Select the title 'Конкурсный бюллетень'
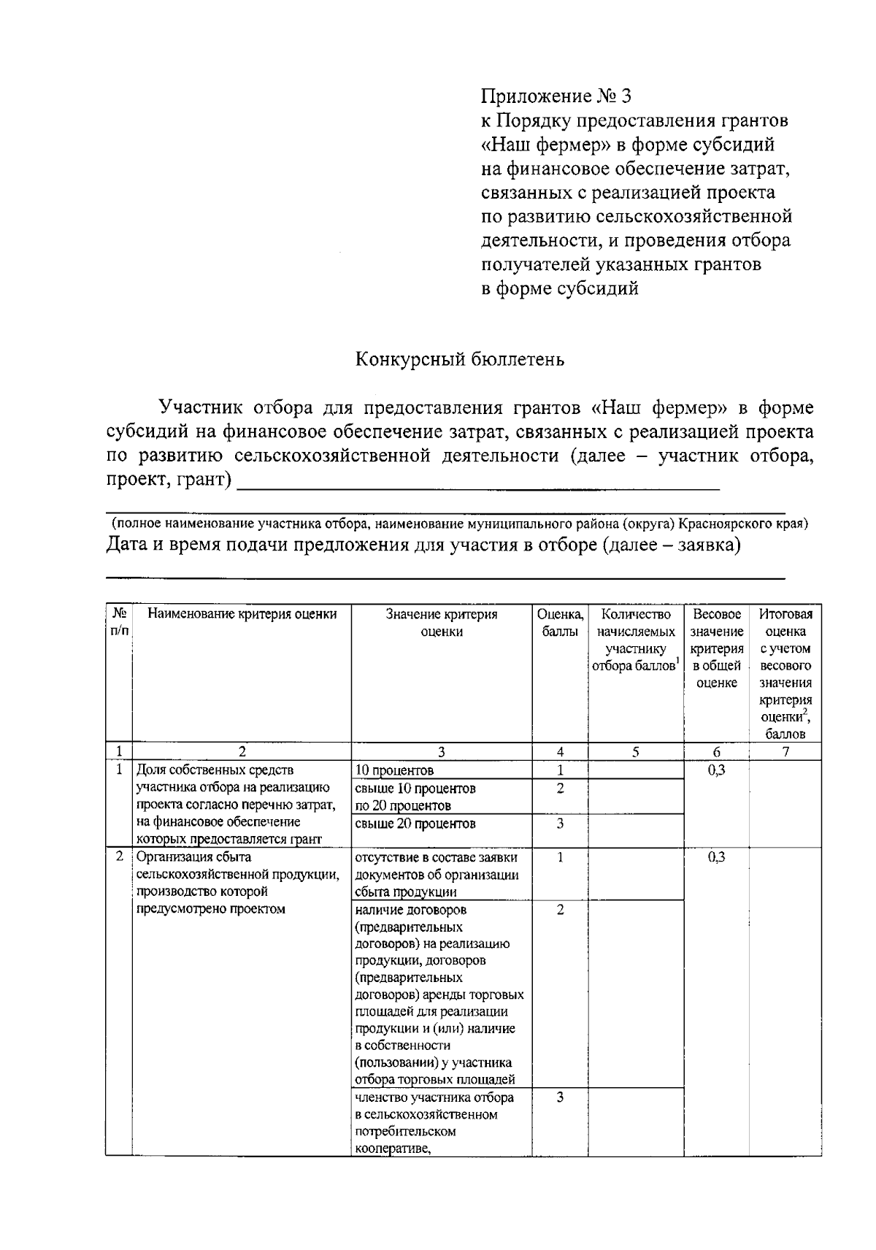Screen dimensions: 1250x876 [x=460, y=359]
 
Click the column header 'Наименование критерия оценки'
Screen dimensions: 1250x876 [x=242, y=614]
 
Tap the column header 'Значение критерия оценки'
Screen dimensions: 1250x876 [x=442, y=623]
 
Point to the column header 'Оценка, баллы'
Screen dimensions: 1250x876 [x=560, y=623]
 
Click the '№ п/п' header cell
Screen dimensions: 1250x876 [x=118, y=623]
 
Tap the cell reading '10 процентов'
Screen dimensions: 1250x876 [x=394, y=770]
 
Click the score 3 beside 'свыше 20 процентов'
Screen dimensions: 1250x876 [x=560, y=824]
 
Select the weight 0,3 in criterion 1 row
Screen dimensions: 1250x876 [x=716, y=770]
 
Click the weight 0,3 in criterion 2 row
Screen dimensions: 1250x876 [x=716, y=858]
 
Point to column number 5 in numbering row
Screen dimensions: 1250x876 [x=636, y=752]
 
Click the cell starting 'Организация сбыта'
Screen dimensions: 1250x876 [x=237, y=883]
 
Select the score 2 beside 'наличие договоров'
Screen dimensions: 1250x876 [x=560, y=910]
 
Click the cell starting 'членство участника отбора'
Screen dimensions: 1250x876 [x=434, y=1124]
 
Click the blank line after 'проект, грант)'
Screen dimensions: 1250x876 [x=478, y=483]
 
